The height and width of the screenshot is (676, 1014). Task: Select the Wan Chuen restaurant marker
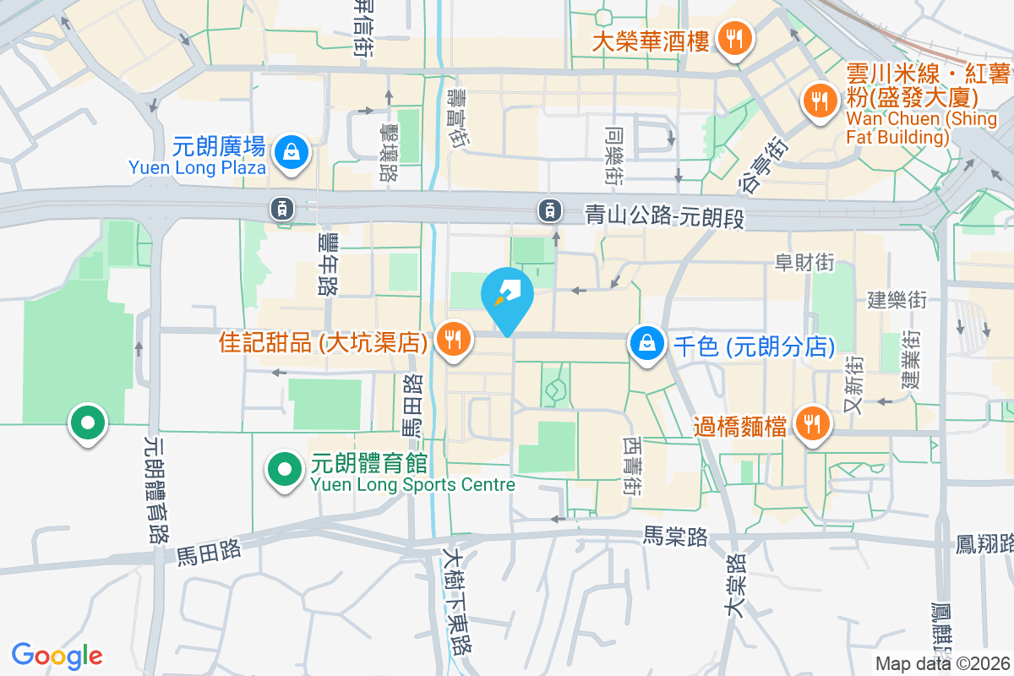818,101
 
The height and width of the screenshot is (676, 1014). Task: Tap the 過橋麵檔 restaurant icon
813,424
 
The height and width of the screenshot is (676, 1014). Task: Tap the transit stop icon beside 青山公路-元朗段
550,208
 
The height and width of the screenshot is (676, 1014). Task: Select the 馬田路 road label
209,553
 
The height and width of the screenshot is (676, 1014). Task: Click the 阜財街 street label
804,263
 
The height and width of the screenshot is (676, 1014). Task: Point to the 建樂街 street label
897,299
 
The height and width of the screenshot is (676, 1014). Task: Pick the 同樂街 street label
614,156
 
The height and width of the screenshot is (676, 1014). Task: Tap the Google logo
57,656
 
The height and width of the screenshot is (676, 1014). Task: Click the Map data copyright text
943,664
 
